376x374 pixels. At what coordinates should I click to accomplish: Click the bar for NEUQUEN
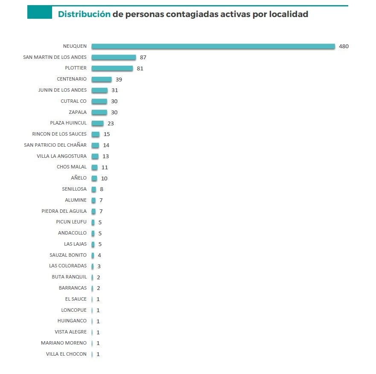pyautogui.click(x=213, y=46)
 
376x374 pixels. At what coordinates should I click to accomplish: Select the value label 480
pyautogui.click(x=344, y=46)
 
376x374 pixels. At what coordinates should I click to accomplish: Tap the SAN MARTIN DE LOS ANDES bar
pyautogui.click(x=114, y=57)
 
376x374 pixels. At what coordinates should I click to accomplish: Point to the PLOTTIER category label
pyautogui.click(x=76, y=68)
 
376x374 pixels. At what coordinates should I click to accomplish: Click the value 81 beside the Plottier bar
pyautogui.click(x=140, y=68)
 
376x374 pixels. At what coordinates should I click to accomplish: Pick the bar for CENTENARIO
pyautogui.click(x=102, y=79)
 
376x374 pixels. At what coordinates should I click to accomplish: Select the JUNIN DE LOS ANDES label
pyautogui.click(x=62, y=90)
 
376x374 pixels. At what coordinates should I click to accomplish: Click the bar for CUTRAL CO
pyautogui.click(x=99, y=101)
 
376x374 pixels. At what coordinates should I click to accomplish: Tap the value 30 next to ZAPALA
pyautogui.click(x=114, y=112)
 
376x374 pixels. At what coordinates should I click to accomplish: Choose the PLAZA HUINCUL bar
pyautogui.click(x=98, y=123)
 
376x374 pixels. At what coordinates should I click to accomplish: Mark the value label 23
pyautogui.click(x=111, y=123)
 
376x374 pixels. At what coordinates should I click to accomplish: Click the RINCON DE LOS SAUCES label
pyautogui.click(x=59, y=134)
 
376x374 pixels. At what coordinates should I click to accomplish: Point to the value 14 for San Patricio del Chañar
pyautogui.click(x=106, y=145)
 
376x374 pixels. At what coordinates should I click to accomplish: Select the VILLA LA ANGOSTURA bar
pyautogui.click(x=95, y=156)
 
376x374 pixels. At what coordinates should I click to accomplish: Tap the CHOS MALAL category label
pyautogui.click(x=72, y=167)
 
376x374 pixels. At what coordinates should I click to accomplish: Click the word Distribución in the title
pyautogui.click(x=84, y=14)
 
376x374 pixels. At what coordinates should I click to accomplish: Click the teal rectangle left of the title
pyautogui.click(x=39, y=12)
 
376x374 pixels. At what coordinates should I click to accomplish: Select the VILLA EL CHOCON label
pyautogui.click(x=66, y=354)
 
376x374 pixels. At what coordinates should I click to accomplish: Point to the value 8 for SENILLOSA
pyautogui.click(x=102, y=189)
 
